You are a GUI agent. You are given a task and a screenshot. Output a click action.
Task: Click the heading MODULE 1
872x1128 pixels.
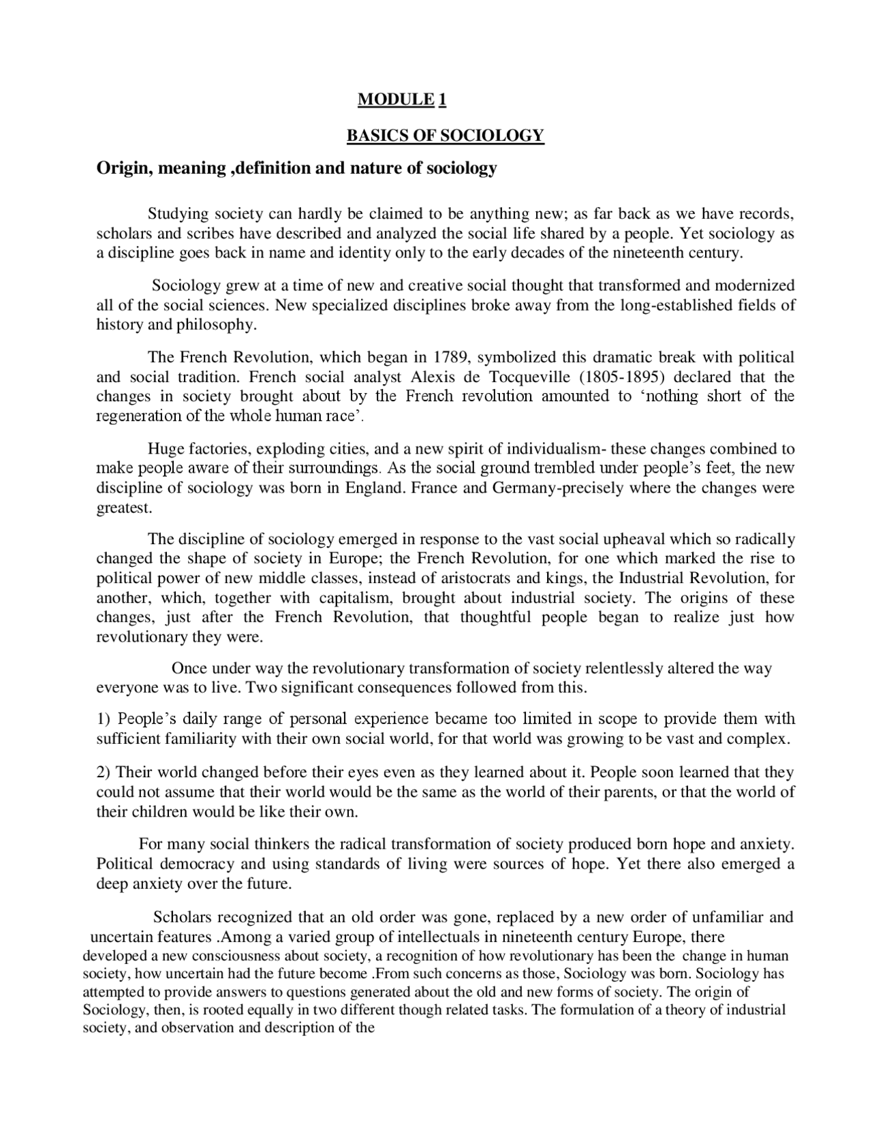[x=401, y=100]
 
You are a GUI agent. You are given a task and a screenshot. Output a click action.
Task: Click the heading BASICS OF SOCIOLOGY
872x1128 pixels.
[x=446, y=136]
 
